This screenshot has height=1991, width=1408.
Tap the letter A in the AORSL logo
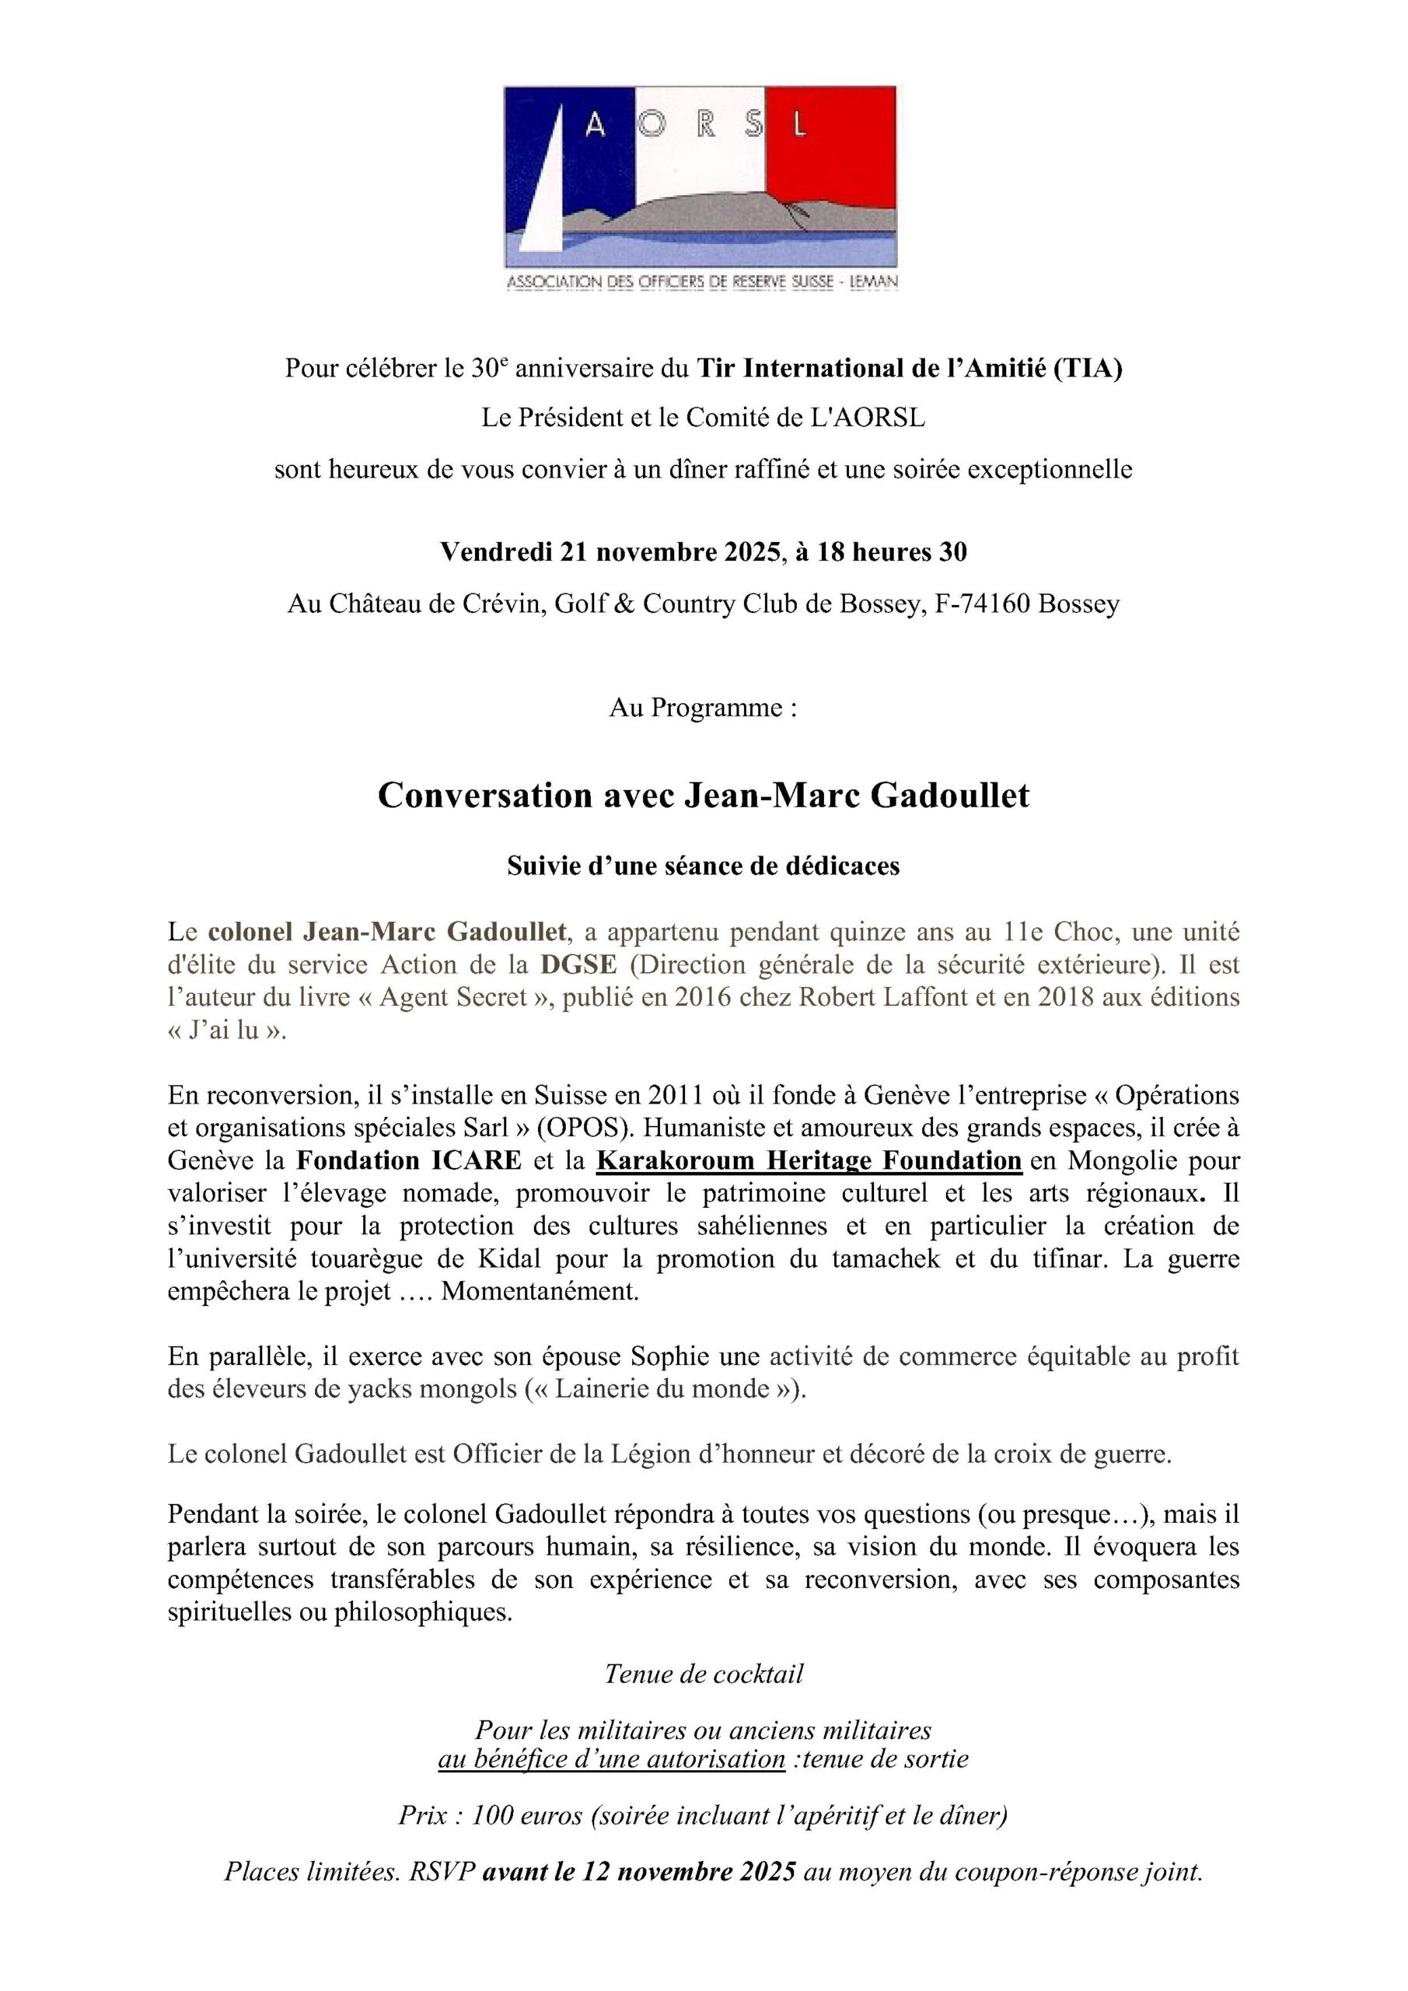(595, 128)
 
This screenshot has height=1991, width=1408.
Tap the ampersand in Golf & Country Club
(624, 604)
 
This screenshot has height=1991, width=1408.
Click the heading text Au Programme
(702, 708)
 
